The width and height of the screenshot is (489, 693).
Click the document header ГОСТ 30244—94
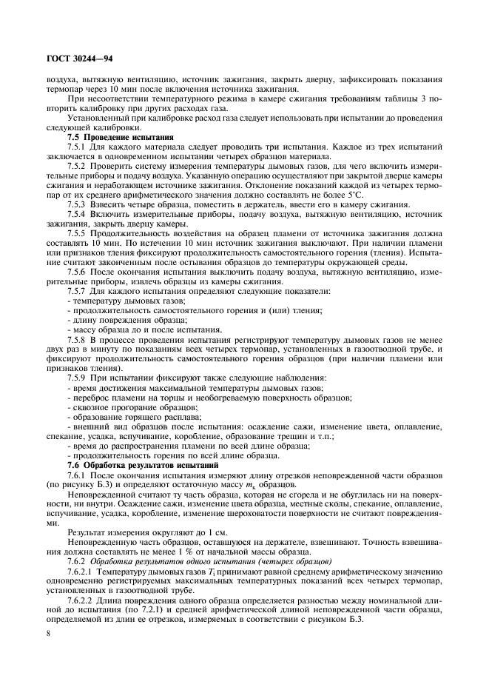[80, 57]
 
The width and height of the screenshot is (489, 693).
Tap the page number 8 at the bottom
[48, 633]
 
